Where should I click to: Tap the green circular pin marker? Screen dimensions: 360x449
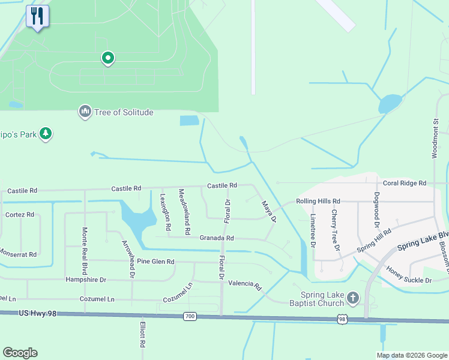(x=108, y=58)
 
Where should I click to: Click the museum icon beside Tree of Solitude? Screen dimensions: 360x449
(x=85, y=112)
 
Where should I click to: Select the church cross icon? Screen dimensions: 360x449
(x=353, y=298)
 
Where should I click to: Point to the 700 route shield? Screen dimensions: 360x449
(x=190, y=316)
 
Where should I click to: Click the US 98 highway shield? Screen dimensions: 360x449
(x=342, y=320)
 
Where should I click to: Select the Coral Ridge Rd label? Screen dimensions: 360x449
(x=404, y=183)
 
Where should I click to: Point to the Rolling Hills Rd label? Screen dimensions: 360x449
(x=318, y=201)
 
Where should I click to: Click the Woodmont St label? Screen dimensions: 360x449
(x=436, y=139)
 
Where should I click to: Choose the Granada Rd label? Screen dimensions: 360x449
(x=217, y=238)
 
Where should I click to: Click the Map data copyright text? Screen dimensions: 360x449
(x=411, y=355)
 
